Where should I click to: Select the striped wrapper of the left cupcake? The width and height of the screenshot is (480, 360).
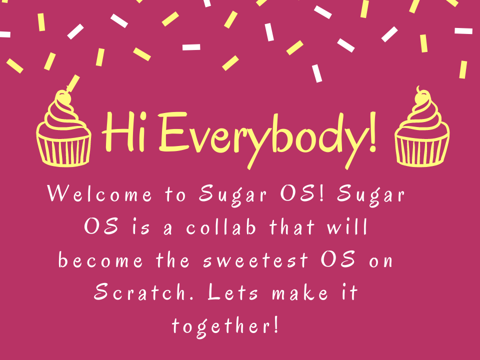coord(64,149)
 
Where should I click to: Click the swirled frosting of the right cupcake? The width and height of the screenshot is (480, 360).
coord(421,118)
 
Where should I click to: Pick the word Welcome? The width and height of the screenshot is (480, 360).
coord(99,194)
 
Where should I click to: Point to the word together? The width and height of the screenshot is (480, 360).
coord(225,326)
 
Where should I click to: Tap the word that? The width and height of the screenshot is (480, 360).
coord(292,227)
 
